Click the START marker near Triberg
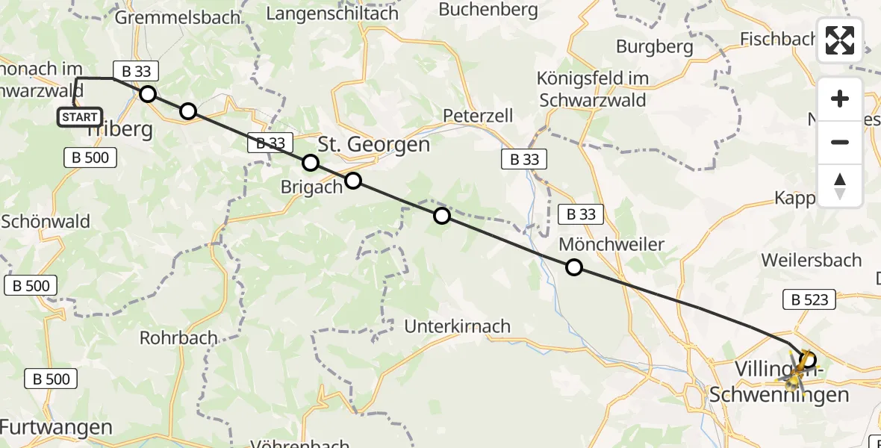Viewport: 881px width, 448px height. [80, 117]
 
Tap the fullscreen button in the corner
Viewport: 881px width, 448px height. [840, 40]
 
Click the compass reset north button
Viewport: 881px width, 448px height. [840, 186]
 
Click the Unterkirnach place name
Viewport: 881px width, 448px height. [458, 326]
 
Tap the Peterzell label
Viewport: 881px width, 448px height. [478, 116]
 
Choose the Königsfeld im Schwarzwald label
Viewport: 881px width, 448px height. [594, 89]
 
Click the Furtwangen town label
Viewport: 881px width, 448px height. [57, 428]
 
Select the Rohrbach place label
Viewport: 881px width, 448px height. [178, 337]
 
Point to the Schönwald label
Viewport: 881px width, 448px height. [46, 221]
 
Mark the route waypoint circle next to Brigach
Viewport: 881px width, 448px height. [352, 181]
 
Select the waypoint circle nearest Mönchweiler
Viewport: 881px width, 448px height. [573, 267]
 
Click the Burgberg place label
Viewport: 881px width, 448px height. [654, 46]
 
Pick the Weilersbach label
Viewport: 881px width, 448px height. [811, 261]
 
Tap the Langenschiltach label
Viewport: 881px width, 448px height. [331, 13]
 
